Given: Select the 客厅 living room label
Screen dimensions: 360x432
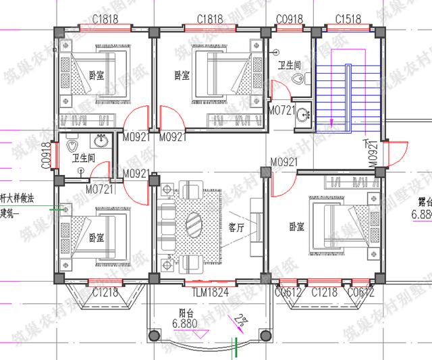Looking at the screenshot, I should [x=236, y=227].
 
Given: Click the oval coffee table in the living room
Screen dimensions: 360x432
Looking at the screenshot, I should [x=194, y=222].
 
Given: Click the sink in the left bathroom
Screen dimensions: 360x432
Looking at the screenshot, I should [x=101, y=142].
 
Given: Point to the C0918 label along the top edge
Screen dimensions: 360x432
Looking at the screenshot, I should [x=289, y=19].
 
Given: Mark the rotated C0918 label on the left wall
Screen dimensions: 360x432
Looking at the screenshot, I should [x=47, y=155].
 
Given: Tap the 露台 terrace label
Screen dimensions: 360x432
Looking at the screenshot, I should [x=424, y=201].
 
